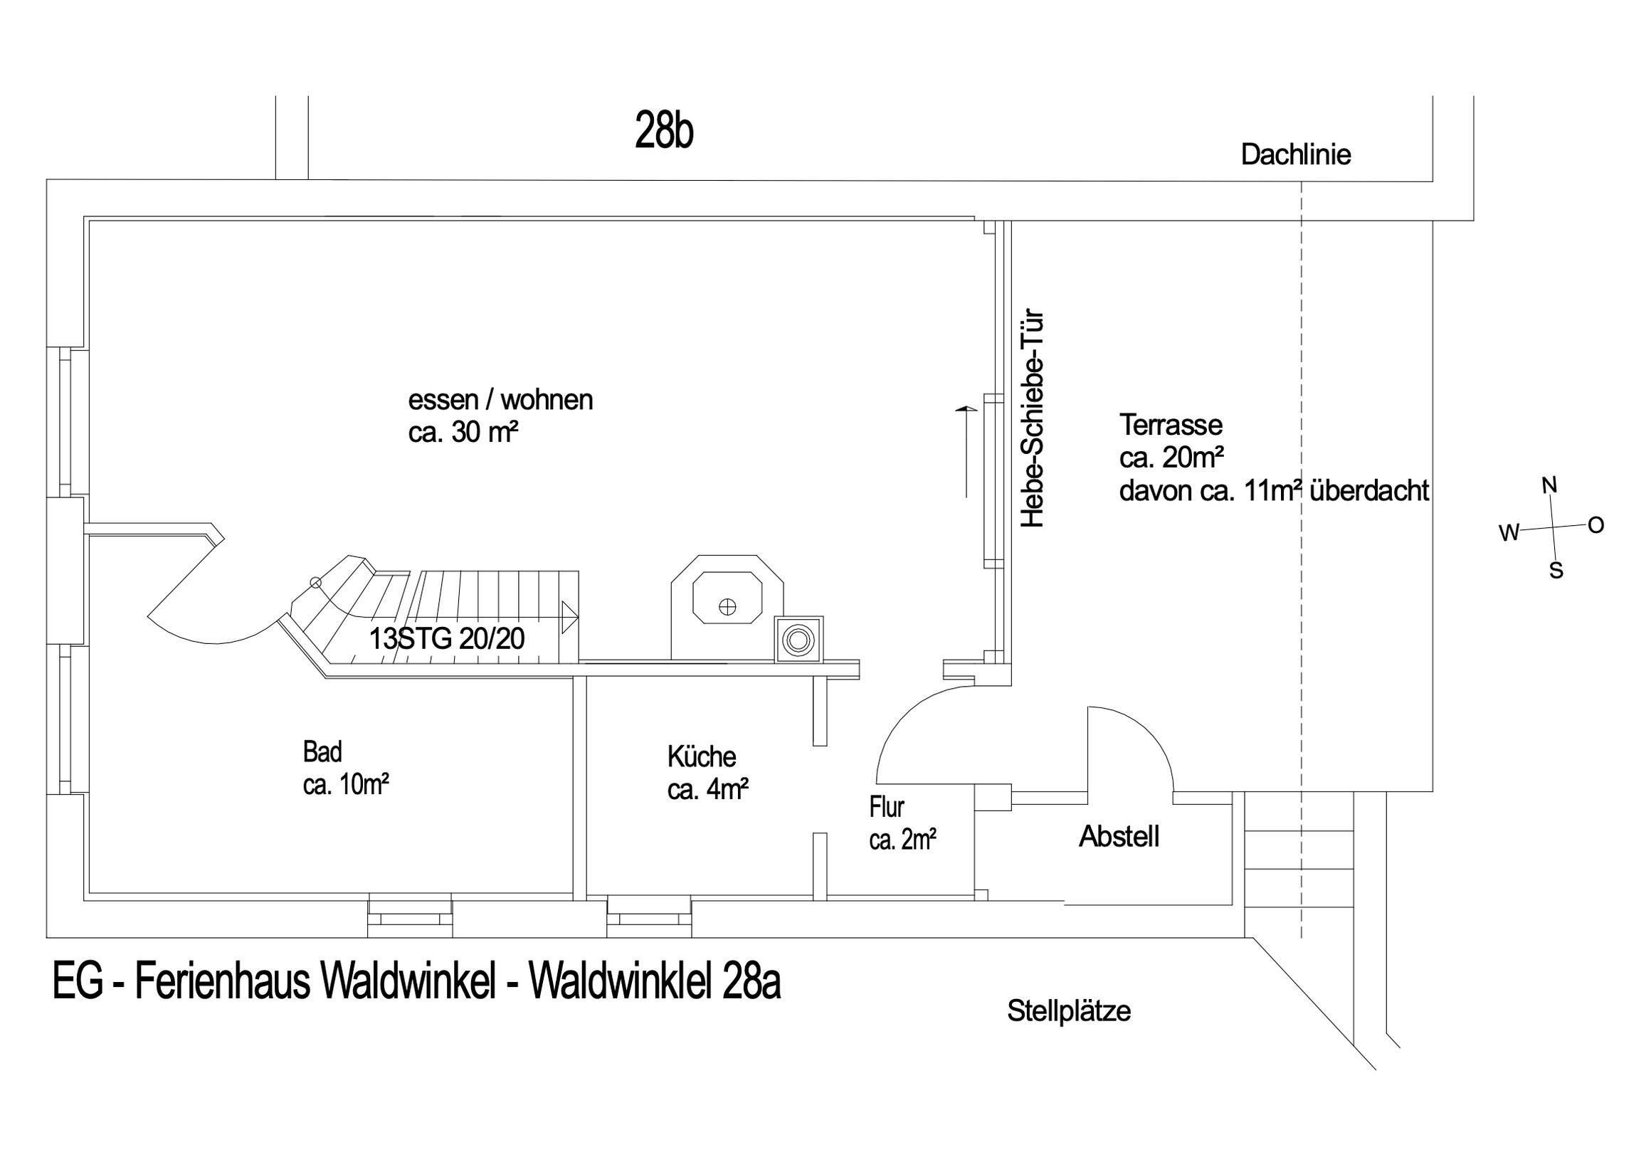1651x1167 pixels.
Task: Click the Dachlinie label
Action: coord(1296,154)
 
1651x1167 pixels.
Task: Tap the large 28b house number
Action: coord(664,131)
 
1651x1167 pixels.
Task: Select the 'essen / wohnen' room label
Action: coord(500,400)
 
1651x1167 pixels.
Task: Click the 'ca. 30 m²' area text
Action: coord(464,433)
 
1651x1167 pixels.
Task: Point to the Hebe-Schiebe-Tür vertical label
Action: coord(1033,419)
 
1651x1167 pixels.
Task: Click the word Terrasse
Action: coord(1171,425)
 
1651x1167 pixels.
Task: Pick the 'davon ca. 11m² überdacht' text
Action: coord(1275,491)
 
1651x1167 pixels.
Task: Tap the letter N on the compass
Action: coord(1550,487)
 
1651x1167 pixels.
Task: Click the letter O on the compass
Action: coord(1595,526)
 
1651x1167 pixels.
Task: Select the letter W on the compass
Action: coord(1509,533)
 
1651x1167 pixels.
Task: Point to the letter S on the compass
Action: coord(1556,571)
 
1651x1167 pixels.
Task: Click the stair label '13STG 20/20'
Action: coord(446,638)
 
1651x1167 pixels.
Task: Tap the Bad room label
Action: coord(322,752)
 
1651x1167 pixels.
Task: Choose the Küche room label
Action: coord(702,757)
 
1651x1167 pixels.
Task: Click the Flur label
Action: coord(887,808)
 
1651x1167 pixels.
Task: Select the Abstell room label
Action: coord(1119,836)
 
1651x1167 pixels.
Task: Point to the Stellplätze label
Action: coord(1069,1011)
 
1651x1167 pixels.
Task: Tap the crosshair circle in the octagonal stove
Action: coord(728,607)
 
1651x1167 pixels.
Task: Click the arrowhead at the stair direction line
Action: coord(570,617)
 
